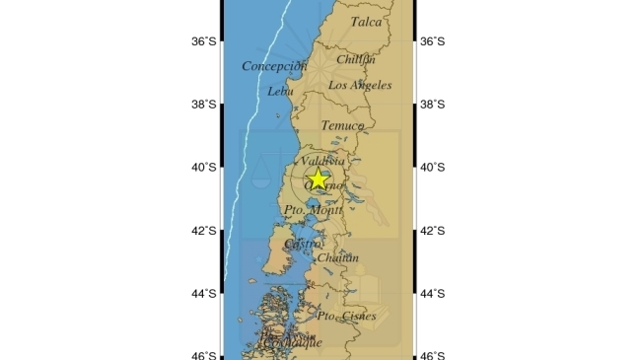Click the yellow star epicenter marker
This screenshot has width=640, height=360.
[318, 179]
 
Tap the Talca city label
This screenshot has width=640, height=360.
[367, 21]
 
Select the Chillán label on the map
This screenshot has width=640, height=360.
[355, 59]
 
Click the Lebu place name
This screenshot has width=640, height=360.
[280, 92]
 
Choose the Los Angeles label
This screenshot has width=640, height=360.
[359, 86]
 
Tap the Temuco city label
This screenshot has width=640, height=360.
[341, 126]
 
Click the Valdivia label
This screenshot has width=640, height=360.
[322, 160]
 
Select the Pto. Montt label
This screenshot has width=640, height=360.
[313, 210]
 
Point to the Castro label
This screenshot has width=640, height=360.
[303, 244]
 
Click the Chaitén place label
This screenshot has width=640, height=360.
[337, 258]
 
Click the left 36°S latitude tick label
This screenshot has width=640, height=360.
[204, 41]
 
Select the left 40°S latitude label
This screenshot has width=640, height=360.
[204, 168]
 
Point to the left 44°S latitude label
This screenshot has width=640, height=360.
[204, 294]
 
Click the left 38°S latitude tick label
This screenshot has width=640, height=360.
[204, 105]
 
